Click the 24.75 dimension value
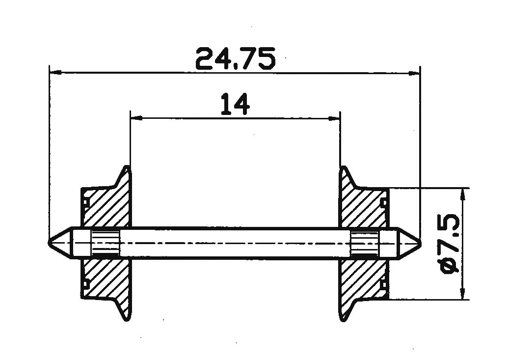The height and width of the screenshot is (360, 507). point(236,58)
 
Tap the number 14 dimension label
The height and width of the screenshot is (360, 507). point(236,104)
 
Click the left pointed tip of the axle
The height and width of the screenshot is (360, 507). point(49,242)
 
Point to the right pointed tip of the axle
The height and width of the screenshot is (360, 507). point(421,242)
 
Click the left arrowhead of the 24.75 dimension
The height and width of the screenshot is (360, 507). point(55,73)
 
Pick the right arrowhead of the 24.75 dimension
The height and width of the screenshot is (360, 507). point(414,73)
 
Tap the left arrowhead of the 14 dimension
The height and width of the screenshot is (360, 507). point(136,118)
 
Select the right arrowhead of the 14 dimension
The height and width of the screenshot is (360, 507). point(334,118)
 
